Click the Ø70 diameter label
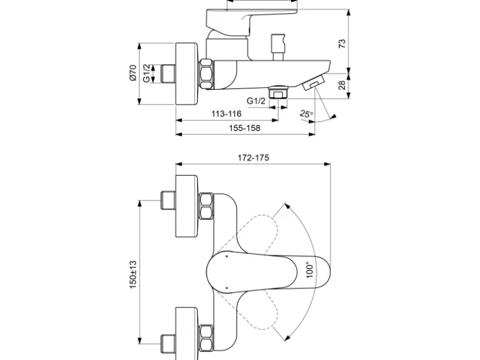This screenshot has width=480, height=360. [x=133, y=73]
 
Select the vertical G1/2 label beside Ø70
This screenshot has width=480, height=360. [x=146, y=73]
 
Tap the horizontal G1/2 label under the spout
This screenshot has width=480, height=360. [x=256, y=100]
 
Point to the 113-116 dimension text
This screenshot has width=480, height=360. [x=226, y=114]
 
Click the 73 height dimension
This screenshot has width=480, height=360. [x=342, y=43]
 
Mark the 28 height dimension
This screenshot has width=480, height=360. [x=342, y=85]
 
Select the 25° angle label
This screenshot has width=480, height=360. [x=305, y=113]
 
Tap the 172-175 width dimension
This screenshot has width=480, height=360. [x=253, y=158]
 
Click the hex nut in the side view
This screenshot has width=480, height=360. [x=207, y=73]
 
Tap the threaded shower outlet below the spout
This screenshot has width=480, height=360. [x=277, y=94]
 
